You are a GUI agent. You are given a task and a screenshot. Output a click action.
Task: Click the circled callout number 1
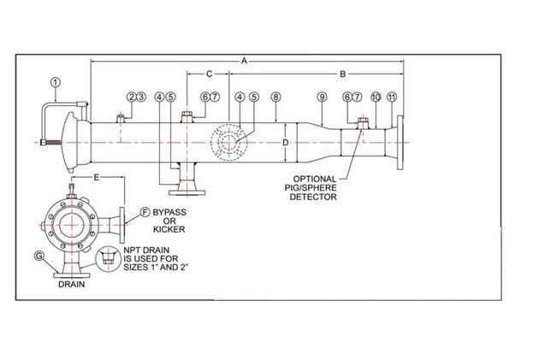pos(56,83)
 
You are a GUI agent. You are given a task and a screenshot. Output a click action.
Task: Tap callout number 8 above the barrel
pos(275,97)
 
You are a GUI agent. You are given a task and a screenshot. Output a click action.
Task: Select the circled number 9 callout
pos(322,97)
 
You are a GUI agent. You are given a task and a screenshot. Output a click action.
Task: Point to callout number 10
pos(376,97)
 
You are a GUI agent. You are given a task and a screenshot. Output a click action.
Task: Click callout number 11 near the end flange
pos(391,97)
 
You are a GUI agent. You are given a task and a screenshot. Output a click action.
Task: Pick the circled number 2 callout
pos(131,97)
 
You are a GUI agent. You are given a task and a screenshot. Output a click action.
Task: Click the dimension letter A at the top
pos(244,62)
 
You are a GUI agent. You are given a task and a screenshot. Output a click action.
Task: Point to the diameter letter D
pos(285,142)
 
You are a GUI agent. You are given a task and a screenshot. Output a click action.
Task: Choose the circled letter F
pos(145,210)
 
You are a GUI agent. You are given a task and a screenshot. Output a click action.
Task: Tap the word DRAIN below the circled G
pos(73,287)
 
